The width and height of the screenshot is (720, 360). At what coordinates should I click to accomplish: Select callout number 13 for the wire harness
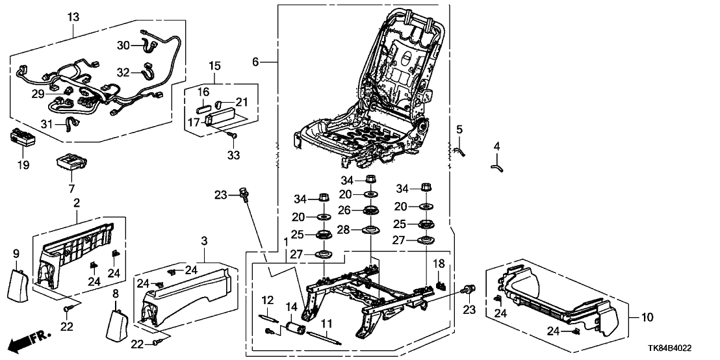click(72, 15)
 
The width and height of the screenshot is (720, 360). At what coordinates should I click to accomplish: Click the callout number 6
click(257, 61)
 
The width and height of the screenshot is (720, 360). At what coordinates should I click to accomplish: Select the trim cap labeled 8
click(119, 323)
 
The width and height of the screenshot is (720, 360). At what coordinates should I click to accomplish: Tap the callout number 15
click(214, 66)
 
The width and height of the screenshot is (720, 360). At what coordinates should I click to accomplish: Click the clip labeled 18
click(441, 283)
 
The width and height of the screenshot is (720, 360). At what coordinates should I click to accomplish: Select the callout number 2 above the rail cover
click(77, 203)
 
